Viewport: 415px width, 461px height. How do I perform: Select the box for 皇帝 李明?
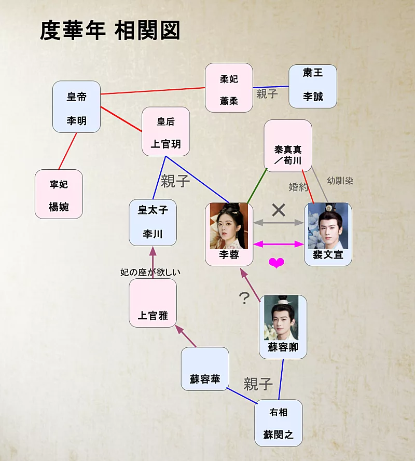76,106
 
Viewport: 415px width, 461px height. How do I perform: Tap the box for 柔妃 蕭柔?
229,88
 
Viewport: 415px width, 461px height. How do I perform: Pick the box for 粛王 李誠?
313,86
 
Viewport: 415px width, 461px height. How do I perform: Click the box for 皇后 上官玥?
165,131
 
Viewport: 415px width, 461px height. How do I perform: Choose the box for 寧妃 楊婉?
59,194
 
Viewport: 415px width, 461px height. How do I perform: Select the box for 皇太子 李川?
153,222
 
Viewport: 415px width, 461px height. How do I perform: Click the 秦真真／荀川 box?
288,145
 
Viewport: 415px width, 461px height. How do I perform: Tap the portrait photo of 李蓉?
228,226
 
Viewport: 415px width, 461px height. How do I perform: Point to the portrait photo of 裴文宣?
328,226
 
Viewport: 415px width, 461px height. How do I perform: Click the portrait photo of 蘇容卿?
282,318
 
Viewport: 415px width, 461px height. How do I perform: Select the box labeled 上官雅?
153,303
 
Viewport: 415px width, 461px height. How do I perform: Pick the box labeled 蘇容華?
205,369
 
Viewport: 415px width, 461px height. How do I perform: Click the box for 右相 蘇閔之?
278,423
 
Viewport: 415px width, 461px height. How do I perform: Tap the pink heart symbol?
276,263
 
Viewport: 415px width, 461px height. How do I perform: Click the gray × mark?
279,210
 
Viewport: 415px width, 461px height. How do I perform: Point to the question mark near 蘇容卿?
244,297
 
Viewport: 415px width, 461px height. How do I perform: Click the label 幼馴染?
340,181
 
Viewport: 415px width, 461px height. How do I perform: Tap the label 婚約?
298,187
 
